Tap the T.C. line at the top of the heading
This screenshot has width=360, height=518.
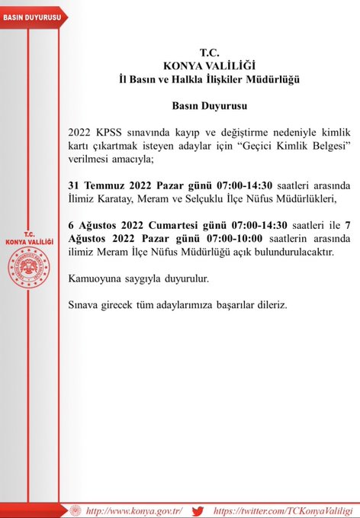208,52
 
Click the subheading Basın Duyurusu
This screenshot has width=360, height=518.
208,101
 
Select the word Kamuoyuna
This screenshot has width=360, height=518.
97,279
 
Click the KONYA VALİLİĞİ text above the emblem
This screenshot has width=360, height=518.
30,241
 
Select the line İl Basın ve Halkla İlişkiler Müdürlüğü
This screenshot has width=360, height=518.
208,79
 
